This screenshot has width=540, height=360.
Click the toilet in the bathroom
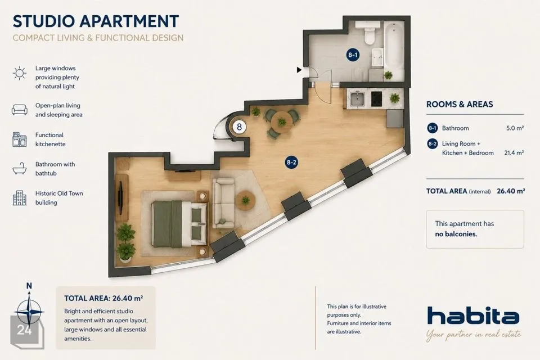coord(369,33)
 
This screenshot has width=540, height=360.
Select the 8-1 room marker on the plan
coord(353,55)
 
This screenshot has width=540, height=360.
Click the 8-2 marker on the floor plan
coord(291,162)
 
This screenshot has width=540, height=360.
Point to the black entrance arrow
coord(299,70)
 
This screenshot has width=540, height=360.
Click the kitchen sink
coord(357,99)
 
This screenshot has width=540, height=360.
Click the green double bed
coord(179,224)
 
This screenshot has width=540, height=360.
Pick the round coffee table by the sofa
coord(246,200)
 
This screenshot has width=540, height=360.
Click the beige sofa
coord(223,203)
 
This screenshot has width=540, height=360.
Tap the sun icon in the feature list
coord(20,73)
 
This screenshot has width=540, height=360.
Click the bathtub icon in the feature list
coord(20,168)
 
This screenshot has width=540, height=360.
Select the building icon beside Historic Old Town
coord(20,198)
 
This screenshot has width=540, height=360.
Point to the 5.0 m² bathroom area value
coord(515,128)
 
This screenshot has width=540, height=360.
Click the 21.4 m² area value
coord(514,153)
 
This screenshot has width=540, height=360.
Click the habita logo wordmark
coord(473,315)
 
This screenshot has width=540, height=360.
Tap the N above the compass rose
coord(29,286)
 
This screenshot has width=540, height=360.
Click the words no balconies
coord(456,234)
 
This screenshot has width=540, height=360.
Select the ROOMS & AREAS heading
coord(460,105)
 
